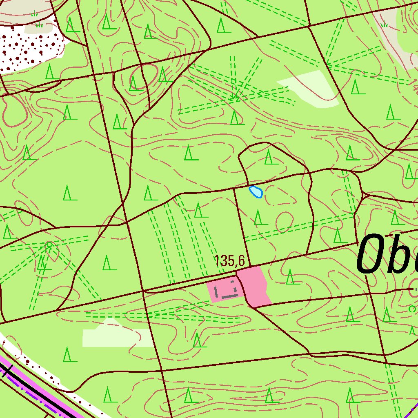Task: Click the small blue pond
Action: tap(256, 191)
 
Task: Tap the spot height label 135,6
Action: tap(229, 261)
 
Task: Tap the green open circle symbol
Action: tap(412, 309)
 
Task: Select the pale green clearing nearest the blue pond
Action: tap(312, 88)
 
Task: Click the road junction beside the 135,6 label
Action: tap(249, 267)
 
